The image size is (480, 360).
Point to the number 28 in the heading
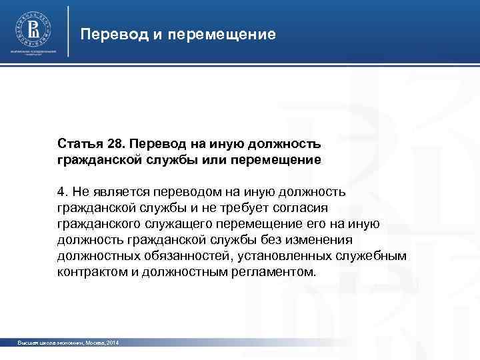[x=115, y=144]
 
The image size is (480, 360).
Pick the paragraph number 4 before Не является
[x=61, y=193]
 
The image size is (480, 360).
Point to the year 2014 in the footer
[x=111, y=342]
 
